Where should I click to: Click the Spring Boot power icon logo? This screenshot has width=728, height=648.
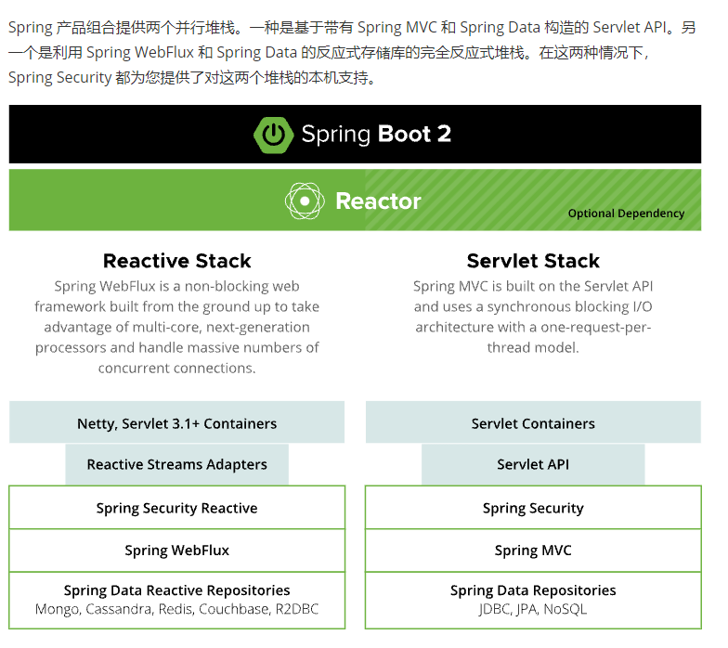[273, 134]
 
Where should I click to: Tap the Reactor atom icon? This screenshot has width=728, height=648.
[305, 201]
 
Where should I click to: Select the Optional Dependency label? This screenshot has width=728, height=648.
[626, 214]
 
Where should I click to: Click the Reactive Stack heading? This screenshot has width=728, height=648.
[176, 261]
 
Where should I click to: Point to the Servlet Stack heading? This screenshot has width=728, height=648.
[533, 261]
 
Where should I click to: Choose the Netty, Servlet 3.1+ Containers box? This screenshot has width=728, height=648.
[176, 423]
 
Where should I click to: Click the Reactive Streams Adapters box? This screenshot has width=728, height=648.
[176, 464]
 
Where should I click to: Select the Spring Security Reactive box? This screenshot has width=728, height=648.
[176, 508]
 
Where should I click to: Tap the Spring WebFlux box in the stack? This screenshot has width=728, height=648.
[176, 551]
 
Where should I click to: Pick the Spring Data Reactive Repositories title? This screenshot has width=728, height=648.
[176, 590]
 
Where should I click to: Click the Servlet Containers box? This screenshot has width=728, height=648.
[533, 423]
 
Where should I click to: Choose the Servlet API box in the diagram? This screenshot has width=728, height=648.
[533, 464]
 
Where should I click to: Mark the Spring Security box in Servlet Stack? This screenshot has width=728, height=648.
[533, 508]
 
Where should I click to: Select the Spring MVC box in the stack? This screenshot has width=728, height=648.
[533, 551]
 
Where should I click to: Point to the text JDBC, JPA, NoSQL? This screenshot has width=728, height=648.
[533, 610]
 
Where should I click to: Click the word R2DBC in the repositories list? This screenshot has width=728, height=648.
[296, 610]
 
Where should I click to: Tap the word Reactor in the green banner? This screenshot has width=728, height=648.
[378, 201]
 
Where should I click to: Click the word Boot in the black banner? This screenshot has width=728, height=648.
[404, 134]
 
